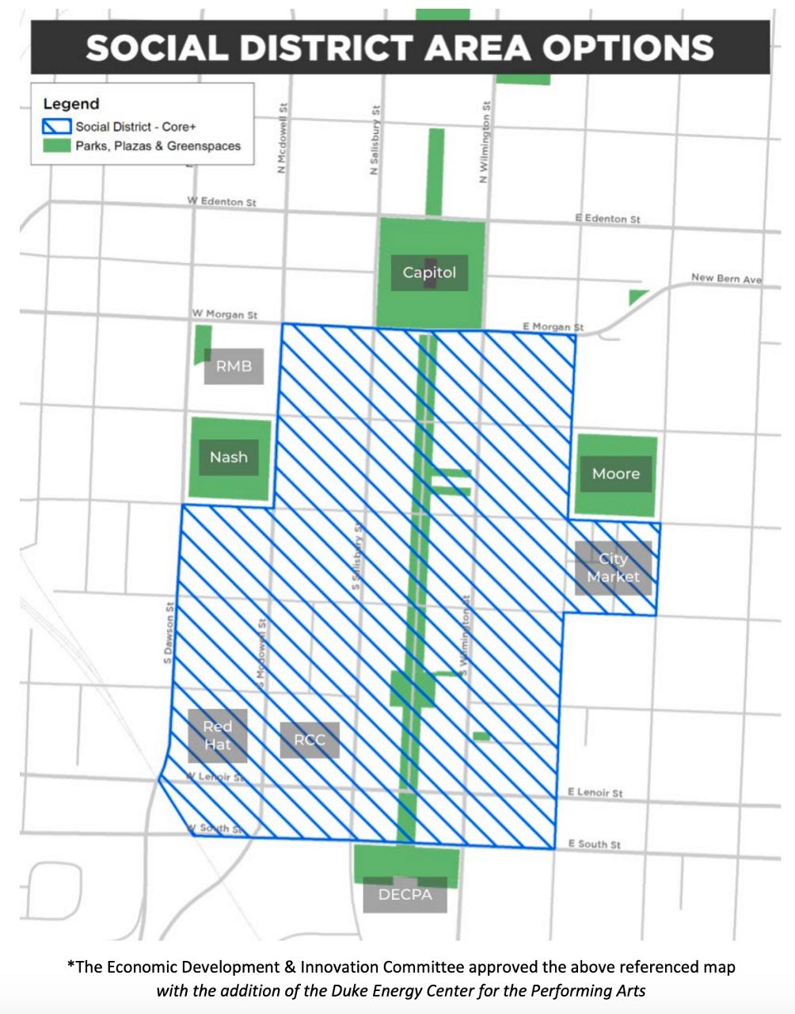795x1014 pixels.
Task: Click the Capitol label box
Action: (429, 273)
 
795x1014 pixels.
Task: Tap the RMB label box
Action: (234, 367)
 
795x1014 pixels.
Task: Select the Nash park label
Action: (229, 457)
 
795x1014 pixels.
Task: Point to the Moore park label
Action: (615, 474)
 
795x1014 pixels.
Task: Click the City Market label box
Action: (613, 568)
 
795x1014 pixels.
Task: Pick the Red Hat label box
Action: (218, 735)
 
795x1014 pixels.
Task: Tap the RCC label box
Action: (310, 740)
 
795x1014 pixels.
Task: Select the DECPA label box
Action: (405, 894)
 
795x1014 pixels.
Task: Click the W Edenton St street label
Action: (222, 202)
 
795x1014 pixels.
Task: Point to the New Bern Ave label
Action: (726, 278)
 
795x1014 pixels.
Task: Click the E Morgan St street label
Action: (553, 326)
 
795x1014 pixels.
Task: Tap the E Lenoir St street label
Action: (595, 792)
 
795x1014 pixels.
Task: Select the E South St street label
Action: (594, 844)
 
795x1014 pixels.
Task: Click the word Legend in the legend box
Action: (71, 104)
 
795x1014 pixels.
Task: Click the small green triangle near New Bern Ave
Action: (637, 296)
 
